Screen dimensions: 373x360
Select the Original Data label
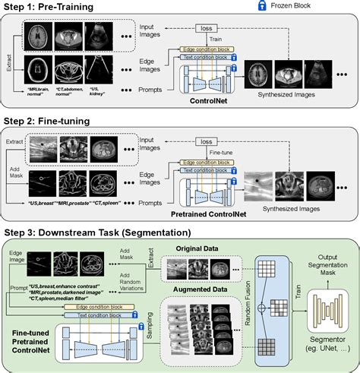click(x=197, y=249)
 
